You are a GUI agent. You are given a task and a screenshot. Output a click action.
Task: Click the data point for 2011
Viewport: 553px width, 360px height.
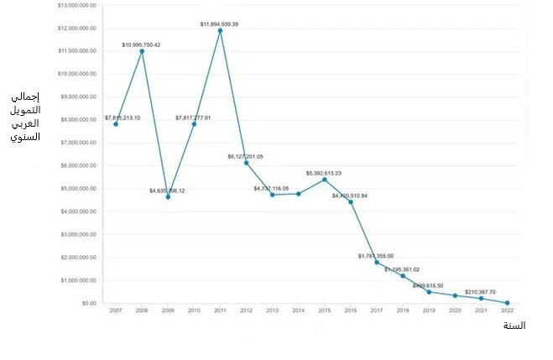click(220, 31)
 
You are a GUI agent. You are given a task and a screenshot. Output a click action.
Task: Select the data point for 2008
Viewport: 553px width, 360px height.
click(142, 51)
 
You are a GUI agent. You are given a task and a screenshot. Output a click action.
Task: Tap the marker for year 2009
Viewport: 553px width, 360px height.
click(168, 196)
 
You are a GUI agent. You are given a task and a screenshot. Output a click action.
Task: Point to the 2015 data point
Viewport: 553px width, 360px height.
click(324, 180)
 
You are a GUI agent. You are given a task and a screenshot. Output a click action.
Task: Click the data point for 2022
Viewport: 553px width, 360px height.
click(508, 303)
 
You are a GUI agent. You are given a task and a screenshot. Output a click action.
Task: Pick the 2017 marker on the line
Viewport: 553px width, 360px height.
click(377, 263)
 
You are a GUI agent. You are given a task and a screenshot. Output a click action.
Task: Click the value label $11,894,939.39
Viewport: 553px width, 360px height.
click(220, 23)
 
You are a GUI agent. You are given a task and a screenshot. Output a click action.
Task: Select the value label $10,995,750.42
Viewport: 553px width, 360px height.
click(141, 44)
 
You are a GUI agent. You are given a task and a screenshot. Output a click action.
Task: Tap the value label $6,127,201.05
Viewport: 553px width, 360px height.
click(245, 156)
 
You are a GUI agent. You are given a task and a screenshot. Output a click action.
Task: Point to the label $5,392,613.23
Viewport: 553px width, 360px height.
click(324, 172)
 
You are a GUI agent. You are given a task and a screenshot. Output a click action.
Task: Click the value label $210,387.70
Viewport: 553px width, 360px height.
click(481, 291)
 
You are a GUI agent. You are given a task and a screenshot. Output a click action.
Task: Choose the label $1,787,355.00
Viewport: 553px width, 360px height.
click(375, 255)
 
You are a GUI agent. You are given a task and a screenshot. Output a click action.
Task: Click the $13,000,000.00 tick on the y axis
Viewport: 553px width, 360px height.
click(77, 5)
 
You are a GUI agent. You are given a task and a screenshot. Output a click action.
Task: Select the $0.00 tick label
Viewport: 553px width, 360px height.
click(88, 303)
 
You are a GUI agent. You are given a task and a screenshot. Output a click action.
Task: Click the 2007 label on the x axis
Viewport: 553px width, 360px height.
click(115, 311)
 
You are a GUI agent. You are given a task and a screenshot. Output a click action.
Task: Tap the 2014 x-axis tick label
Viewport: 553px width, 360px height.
click(298, 311)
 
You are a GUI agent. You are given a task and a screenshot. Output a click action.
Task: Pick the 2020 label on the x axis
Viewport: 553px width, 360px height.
click(455, 311)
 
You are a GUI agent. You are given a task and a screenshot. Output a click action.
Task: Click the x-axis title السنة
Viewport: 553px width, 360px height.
click(513, 326)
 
